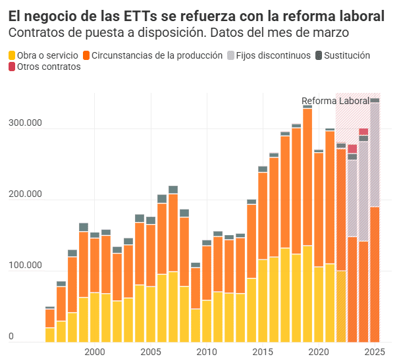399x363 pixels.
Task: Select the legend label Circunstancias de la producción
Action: [157, 56]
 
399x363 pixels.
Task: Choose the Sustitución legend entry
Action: [347, 56]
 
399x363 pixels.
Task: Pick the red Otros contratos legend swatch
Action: [13, 67]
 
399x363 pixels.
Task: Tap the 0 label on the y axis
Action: [11, 337]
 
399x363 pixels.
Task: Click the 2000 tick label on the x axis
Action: [95, 352]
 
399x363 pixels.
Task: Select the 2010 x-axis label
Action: [207, 352]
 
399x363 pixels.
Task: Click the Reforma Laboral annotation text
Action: [335, 101]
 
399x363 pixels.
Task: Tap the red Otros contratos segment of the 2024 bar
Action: [363, 132]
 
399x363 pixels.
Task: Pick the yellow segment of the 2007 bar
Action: [173, 306]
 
